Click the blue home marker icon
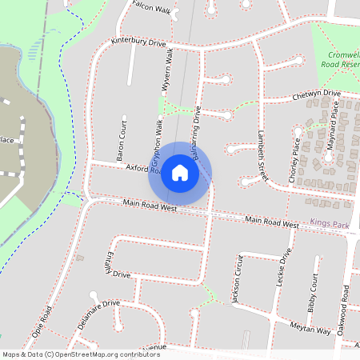point(180,172)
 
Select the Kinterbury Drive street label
point(138,42)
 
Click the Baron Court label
point(122,142)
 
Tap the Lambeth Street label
point(262,156)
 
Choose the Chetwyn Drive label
point(318,96)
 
